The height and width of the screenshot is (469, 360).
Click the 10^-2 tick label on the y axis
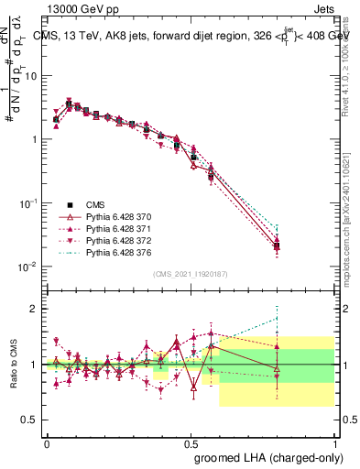[x=28, y=267]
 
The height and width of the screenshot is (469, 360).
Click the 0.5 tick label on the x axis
[x=191, y=443]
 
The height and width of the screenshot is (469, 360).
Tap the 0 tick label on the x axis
[x=47, y=443]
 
